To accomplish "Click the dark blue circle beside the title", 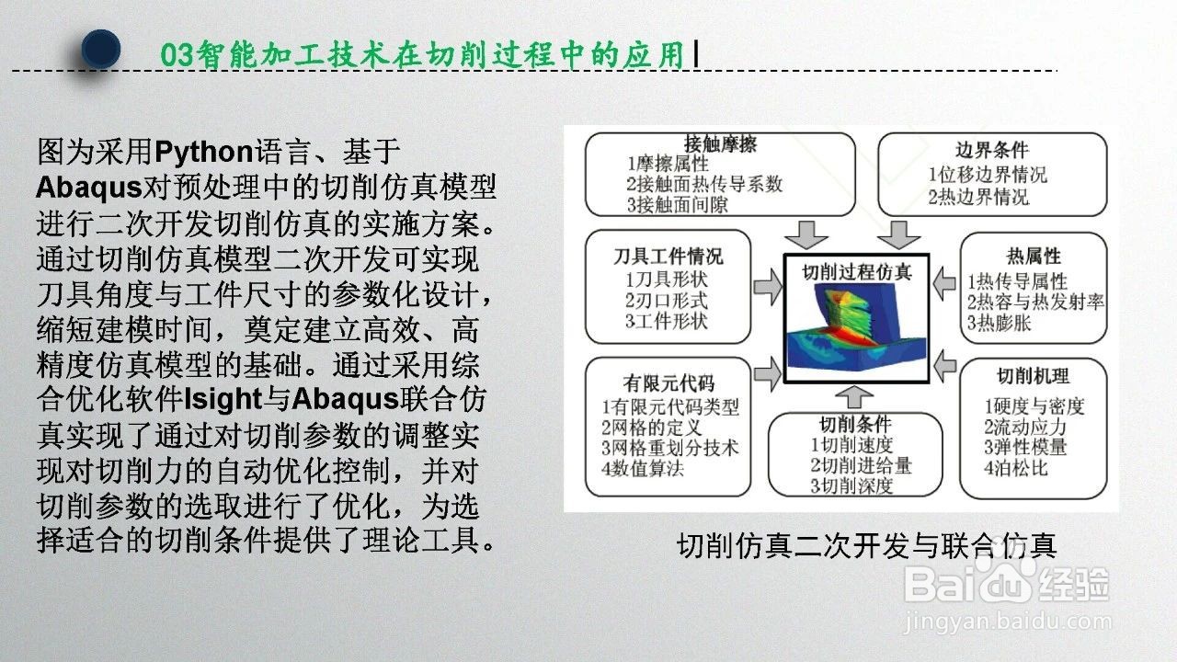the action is point(101,49).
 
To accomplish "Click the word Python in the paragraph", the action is point(204,152).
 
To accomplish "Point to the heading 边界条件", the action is point(992,150).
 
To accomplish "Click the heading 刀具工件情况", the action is point(668,257).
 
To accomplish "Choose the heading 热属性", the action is point(1034,257).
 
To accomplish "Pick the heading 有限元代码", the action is point(668,383).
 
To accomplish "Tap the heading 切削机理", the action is point(1033,376).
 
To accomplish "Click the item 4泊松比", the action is point(1016,468).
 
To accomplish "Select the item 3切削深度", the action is point(851,486).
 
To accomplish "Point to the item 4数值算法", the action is point(643,468).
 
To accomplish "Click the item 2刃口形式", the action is point(667,301).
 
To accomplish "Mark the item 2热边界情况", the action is point(978,197).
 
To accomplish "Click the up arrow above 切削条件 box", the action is point(854,397).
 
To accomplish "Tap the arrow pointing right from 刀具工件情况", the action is point(768,287).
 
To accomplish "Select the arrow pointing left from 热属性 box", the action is point(944,284).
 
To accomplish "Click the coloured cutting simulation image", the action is point(856,332).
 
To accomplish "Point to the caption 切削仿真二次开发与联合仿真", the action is point(866,545).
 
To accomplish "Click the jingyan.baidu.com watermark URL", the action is point(1007,623).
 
